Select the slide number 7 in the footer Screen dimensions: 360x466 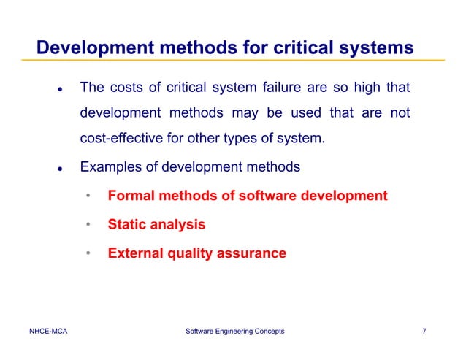click(x=424, y=332)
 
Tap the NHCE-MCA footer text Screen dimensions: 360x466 click(x=48, y=332)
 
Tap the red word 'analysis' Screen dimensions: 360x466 click(x=180, y=225)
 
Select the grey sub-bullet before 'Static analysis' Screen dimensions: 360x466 click(x=88, y=225)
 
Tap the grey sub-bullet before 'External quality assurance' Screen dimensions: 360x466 click(x=88, y=254)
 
